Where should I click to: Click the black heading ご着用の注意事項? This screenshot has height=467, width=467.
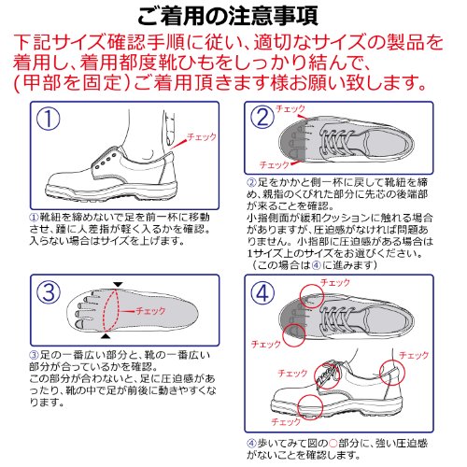click(228, 16)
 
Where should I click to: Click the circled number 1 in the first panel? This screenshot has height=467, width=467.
click(49, 119)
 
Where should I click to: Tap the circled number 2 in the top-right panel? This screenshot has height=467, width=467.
click(262, 118)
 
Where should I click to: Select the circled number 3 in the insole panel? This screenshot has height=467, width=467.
click(49, 291)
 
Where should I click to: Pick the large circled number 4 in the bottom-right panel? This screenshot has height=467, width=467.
click(262, 293)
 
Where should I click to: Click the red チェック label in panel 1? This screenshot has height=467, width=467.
click(202, 136)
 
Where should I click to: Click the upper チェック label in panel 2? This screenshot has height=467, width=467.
click(290, 109)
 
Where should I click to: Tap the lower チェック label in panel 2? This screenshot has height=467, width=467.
click(274, 165)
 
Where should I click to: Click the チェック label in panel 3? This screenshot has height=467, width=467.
click(150, 311)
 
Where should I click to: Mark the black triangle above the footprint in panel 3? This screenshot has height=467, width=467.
click(118, 285)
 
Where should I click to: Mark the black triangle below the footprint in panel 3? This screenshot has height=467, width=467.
click(106, 336)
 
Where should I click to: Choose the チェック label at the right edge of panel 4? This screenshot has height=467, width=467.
click(414, 355)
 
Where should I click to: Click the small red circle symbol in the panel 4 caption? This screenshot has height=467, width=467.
click(333, 443)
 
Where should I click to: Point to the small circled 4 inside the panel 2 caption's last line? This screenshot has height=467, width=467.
click(317, 265)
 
